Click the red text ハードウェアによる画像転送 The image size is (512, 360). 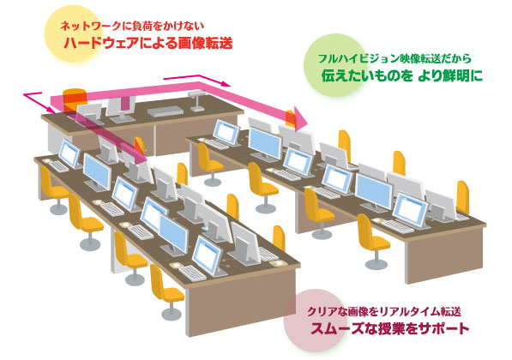[148, 43]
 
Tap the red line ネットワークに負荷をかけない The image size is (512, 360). [131, 26]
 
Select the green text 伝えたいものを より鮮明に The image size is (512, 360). [402, 75]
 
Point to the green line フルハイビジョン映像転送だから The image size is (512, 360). [395, 59]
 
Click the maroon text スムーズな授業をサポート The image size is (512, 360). [390, 328]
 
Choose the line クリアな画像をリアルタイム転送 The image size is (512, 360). [383, 312]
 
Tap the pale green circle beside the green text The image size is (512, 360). [330, 65]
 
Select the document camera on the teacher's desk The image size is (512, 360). [196, 101]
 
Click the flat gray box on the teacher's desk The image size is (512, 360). [166, 111]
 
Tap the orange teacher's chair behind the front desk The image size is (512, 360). [75, 98]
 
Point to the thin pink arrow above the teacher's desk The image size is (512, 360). [197, 80]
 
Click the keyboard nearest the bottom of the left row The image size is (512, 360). [192, 273]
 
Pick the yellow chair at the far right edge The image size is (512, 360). [463, 197]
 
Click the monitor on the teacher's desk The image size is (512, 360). [121, 109]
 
